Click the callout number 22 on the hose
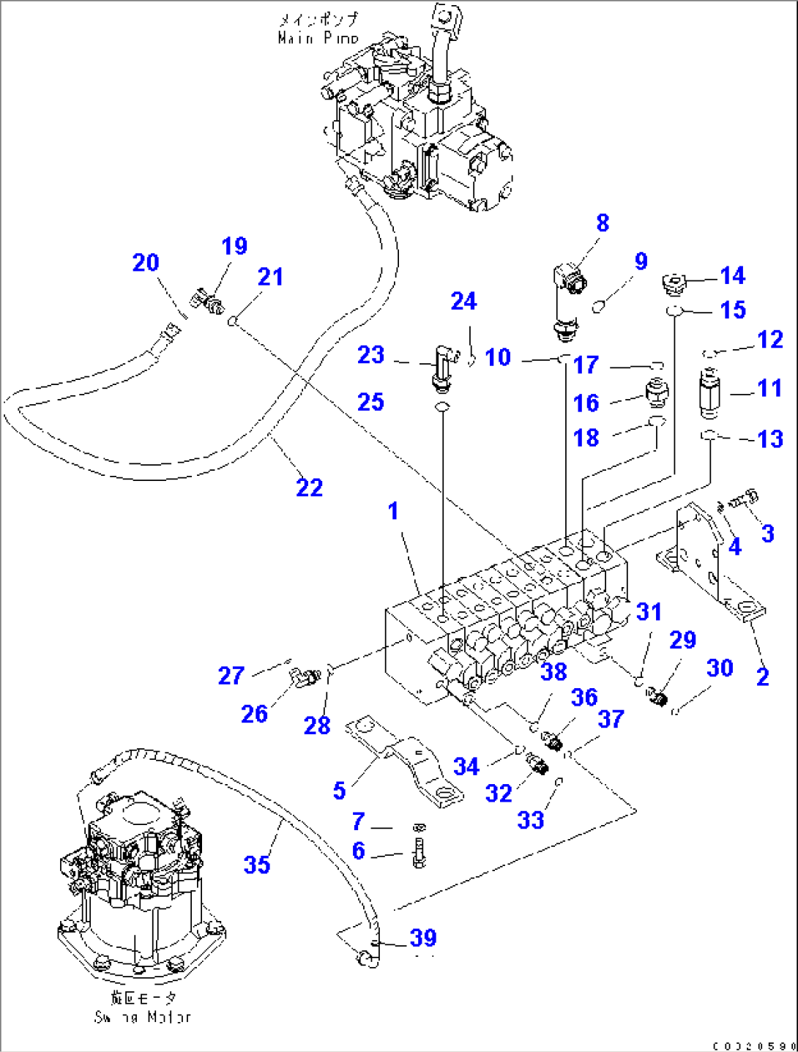coord(309,488)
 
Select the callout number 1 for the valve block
coord(393,511)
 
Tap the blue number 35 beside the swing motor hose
coord(257,865)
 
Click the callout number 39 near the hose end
coord(423,938)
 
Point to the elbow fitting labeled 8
coord(566,300)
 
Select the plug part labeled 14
coord(674,281)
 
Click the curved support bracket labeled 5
coord(410,761)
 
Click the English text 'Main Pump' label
coord(318,37)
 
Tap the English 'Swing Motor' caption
coord(143,1017)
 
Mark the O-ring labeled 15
coord(674,312)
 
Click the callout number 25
coord(370,402)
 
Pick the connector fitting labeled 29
coord(659,697)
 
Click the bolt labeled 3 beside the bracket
coord(745,499)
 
